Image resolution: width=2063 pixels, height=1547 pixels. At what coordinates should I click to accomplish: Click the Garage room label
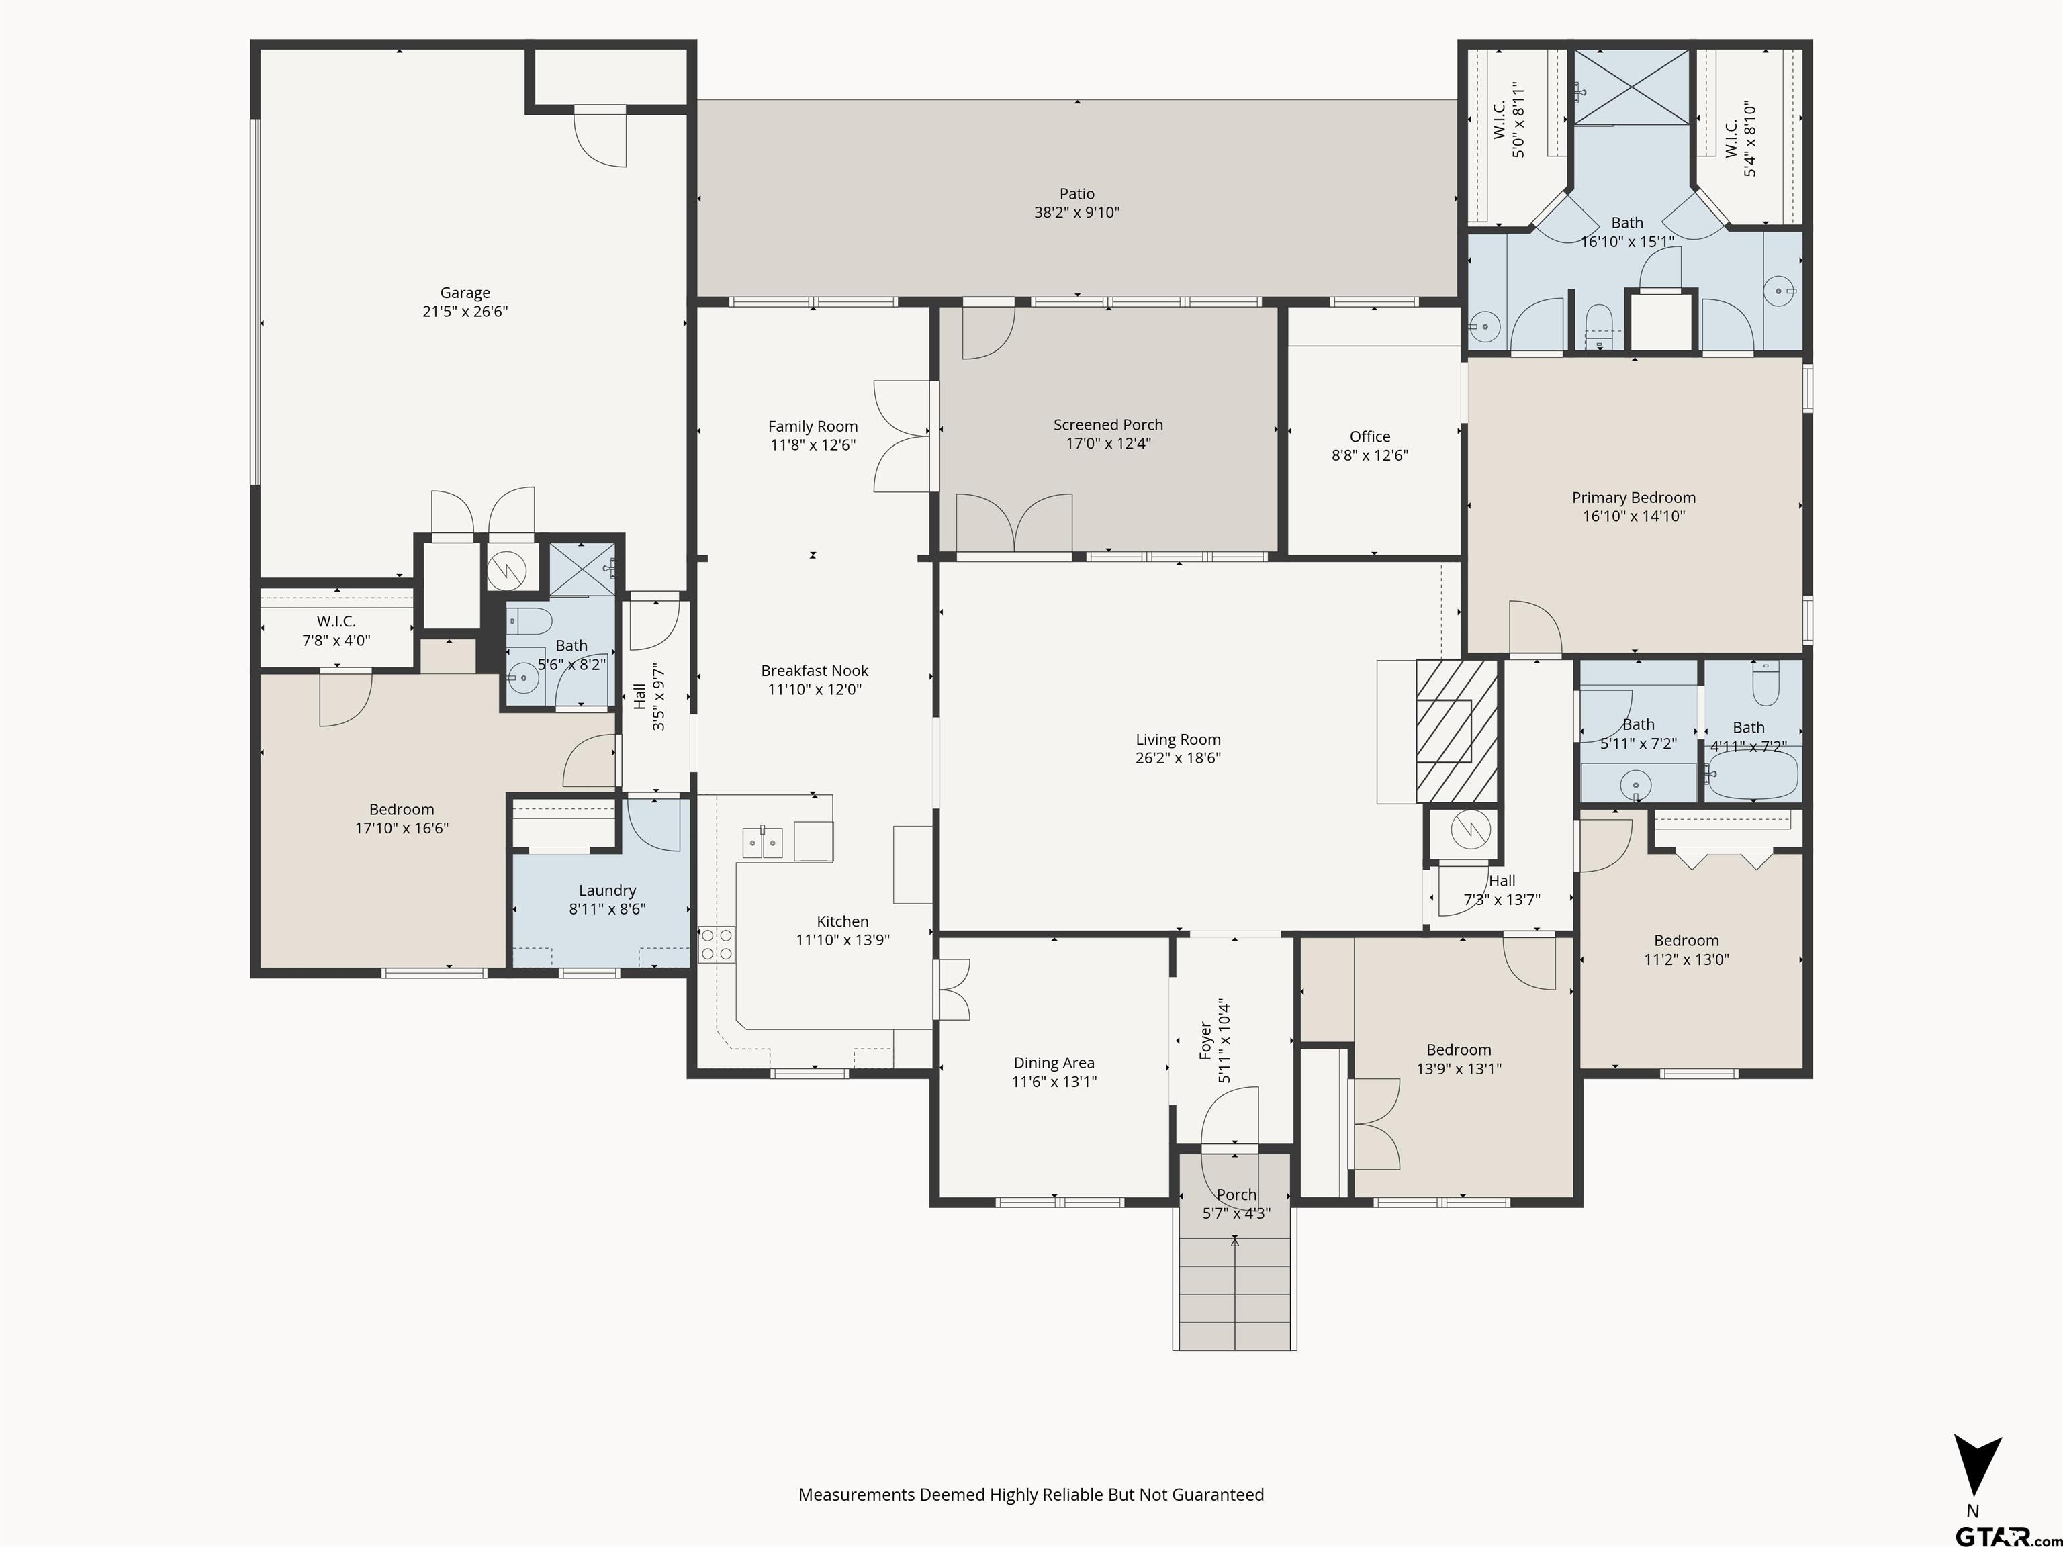point(465,293)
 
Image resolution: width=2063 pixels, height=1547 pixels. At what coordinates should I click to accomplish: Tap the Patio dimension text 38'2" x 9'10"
point(1076,213)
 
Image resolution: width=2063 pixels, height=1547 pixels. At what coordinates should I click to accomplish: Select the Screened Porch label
point(1108,425)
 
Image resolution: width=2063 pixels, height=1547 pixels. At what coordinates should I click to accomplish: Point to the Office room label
point(1369,436)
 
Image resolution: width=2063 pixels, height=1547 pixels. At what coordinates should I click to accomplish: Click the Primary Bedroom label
point(1633,498)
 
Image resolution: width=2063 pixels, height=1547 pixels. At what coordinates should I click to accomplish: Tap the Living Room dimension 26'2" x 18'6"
point(1177,758)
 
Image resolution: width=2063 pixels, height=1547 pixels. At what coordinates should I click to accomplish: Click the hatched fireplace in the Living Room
point(1456,730)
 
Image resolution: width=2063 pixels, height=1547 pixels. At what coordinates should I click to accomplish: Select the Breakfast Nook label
point(814,671)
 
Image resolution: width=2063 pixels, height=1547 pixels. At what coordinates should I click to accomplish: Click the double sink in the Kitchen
point(762,842)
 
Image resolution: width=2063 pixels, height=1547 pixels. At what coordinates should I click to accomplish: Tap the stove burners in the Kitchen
point(717,943)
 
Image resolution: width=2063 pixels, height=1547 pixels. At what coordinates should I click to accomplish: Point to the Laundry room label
point(607,890)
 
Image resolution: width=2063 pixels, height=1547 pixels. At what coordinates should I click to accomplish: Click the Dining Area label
point(1054,1063)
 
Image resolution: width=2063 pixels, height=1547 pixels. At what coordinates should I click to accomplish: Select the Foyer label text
point(1205,1041)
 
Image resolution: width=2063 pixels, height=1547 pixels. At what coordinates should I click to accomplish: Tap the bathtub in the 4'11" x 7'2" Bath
point(1751,776)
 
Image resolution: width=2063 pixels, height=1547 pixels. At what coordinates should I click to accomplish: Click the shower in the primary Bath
point(1631,87)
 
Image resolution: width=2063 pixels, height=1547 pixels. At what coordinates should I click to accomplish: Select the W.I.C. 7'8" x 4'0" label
point(336,622)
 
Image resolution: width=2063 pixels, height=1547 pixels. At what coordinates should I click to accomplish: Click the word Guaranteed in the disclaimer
point(1217,1495)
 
